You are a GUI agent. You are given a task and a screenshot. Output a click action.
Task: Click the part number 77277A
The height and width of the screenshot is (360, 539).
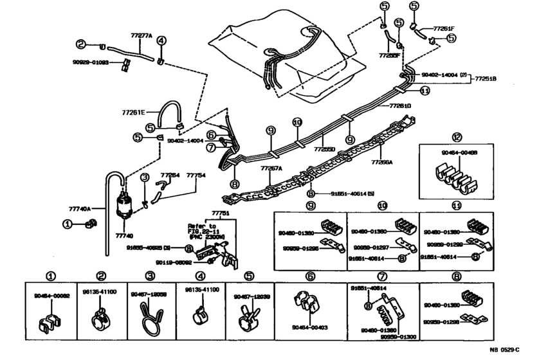tap(142, 37)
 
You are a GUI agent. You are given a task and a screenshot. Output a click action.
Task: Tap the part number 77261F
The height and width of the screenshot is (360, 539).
tap(444, 28)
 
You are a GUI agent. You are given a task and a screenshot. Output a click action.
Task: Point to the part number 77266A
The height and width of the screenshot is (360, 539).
tap(381, 163)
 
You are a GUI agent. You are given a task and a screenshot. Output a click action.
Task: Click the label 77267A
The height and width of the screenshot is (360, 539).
tap(271, 168)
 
